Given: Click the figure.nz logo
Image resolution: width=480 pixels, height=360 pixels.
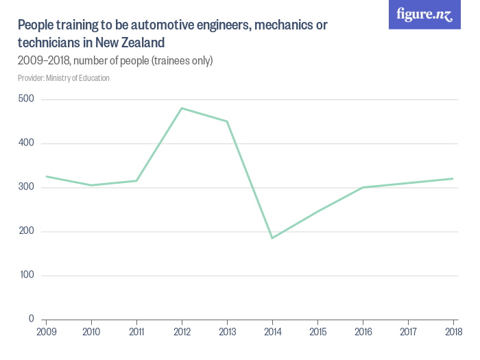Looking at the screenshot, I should pos(425,14).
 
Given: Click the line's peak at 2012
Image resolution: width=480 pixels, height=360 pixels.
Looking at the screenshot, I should pos(182,108).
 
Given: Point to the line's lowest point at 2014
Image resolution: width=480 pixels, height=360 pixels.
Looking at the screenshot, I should pos(272,238).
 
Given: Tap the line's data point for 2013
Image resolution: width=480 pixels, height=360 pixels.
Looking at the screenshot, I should pos(227,121).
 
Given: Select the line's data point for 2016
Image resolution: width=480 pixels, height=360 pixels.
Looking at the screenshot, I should pos(363,187).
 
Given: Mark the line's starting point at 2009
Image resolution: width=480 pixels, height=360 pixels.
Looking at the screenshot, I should pos(46,176).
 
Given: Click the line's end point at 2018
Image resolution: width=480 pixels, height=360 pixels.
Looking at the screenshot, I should pos(453,178).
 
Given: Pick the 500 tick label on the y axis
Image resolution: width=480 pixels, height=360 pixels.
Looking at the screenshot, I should pos(27,99).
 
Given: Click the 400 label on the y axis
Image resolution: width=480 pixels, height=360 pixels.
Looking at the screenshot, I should pos(27,143).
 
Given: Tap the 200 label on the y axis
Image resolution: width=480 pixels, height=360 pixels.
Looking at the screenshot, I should pos(27,231).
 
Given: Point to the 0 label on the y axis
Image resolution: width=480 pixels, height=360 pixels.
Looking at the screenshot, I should pos(32,319).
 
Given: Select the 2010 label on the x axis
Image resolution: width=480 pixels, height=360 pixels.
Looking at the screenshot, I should pos(91,332).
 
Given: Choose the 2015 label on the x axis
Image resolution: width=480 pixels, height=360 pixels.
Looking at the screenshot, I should pos(317,332).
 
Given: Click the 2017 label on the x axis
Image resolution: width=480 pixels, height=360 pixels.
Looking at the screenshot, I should pos(408,332).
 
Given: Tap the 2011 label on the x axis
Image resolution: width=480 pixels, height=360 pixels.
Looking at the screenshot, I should pos(136,332).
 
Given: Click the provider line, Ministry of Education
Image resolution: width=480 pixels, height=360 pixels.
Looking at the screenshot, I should pos(64,78).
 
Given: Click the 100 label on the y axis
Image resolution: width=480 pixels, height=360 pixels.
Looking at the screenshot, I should pos(27,275).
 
